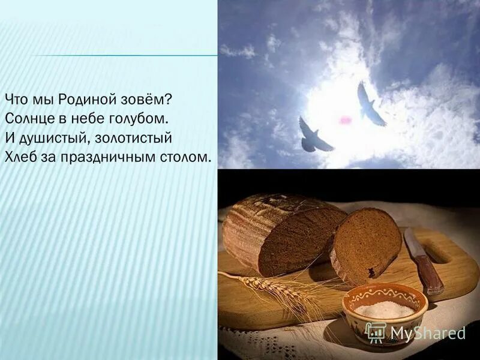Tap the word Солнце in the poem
[26, 117]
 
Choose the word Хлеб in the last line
[20, 158]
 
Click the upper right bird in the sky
[369, 106]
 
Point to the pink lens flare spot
[345, 121]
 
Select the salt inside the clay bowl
[384, 310]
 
